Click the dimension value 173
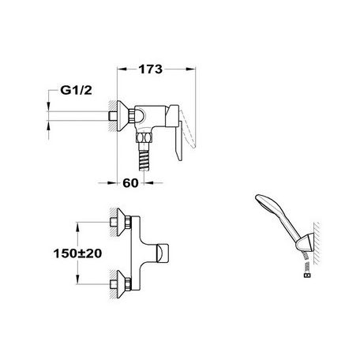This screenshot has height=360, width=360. [151, 69]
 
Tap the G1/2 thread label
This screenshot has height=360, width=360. [76, 90]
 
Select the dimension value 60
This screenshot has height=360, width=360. [130, 183]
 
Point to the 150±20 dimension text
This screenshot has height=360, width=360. [77, 253]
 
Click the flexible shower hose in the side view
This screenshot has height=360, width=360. [144, 157]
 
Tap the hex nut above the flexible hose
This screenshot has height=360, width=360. [144, 137]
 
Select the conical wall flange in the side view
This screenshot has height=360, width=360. [122, 116]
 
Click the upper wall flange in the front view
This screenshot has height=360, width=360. [122, 223]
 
